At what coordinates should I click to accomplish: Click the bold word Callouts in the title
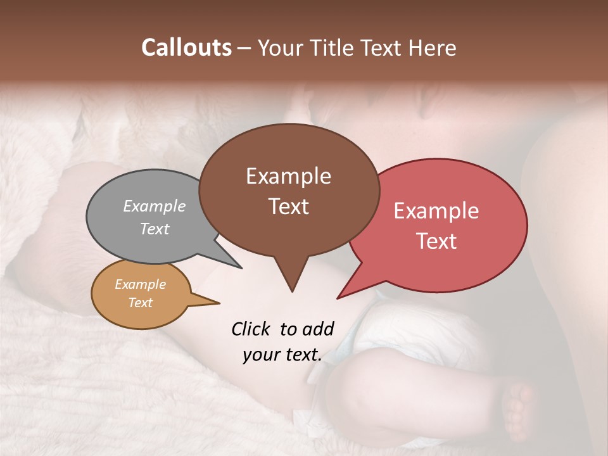click(186, 48)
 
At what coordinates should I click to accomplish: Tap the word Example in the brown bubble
click(288, 176)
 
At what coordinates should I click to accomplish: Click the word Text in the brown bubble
click(288, 206)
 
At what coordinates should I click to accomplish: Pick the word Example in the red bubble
click(436, 211)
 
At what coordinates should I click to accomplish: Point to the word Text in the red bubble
click(436, 241)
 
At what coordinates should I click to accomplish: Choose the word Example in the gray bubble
click(155, 206)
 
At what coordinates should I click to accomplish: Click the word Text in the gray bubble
click(155, 229)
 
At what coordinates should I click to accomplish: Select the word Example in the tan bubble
click(140, 284)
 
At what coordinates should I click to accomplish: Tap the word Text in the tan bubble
click(140, 303)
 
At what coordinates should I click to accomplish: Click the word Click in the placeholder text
click(252, 329)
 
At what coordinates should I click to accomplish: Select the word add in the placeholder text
click(318, 329)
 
